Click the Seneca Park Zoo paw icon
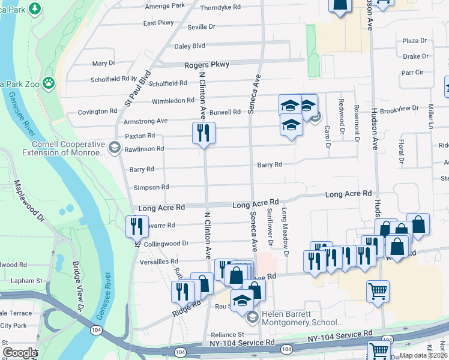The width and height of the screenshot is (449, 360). pyautogui.click(x=49, y=83)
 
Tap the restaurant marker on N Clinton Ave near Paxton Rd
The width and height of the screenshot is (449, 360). pyautogui.click(x=203, y=133)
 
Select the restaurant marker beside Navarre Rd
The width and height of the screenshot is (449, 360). pyautogui.click(x=137, y=226)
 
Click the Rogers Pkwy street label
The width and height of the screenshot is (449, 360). pyautogui.click(x=207, y=64)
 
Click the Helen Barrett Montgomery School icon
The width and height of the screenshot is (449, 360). pyautogui.click(x=253, y=317)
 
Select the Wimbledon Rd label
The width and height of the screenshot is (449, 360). pyautogui.click(x=173, y=101)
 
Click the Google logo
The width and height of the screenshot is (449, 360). pyautogui.click(x=20, y=353)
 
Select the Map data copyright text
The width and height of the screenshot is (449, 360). pyautogui.click(x=423, y=355)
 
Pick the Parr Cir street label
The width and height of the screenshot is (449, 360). pyautogui.click(x=412, y=72)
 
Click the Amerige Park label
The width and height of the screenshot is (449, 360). pyautogui.click(x=166, y=5)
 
